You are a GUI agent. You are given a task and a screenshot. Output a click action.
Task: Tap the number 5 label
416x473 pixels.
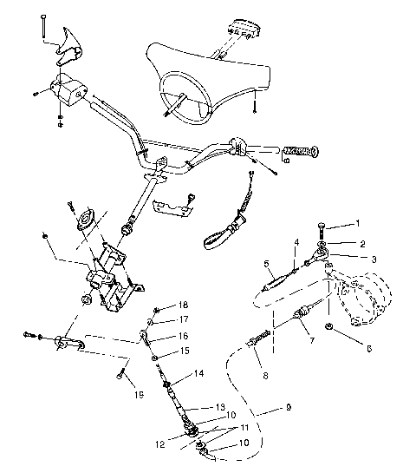(x=267, y=262)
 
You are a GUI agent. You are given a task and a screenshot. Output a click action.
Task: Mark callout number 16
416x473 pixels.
(x=183, y=335)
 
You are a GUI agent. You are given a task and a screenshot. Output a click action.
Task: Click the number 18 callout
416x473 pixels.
(x=183, y=305)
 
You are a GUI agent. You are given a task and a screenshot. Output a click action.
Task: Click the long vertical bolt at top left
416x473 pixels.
(x=41, y=27)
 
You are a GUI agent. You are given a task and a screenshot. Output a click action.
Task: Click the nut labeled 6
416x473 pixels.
(x=331, y=327)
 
